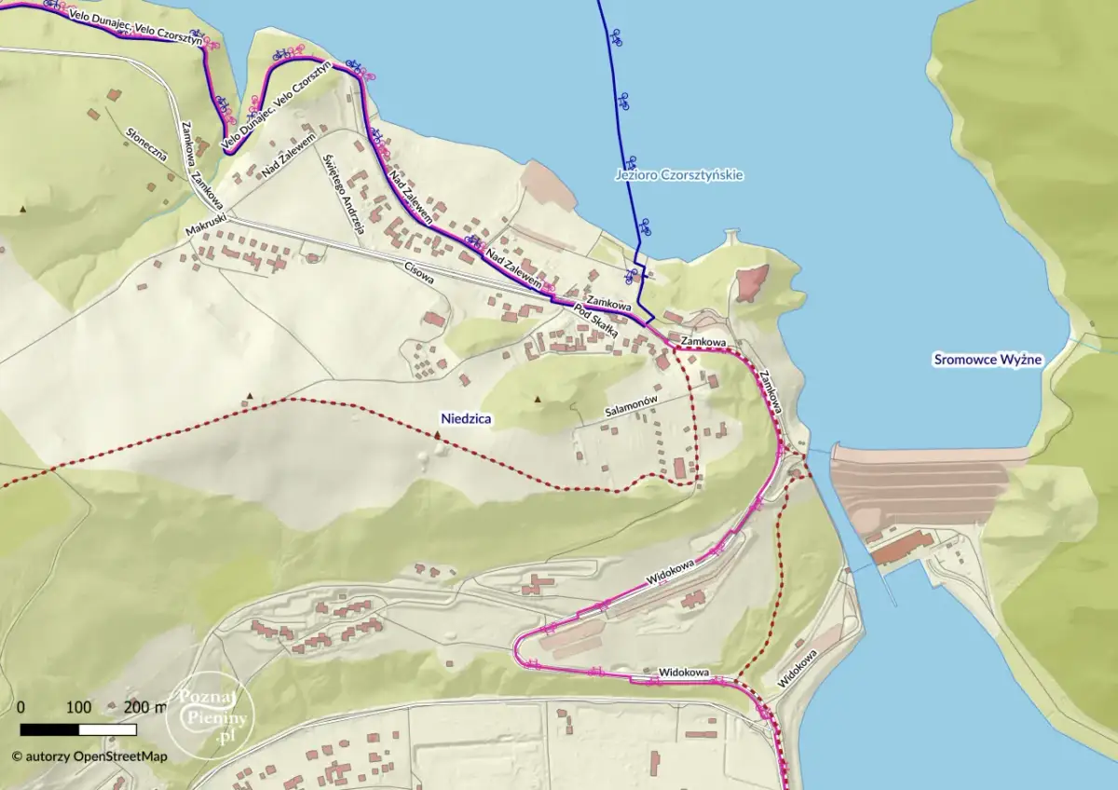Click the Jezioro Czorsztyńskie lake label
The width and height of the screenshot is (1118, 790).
pyautogui.click(x=679, y=174)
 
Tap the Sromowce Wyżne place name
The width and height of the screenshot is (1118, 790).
pyautogui.click(x=988, y=360)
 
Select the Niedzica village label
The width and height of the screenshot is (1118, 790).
pyautogui.click(x=466, y=419)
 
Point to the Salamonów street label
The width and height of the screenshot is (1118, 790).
pyautogui.click(x=633, y=409)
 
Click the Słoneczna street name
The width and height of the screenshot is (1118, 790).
pyautogui.click(x=146, y=144)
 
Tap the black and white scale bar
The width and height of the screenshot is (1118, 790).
pyautogui.click(x=78, y=729)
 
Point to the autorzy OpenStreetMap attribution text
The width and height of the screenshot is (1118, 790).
pyautogui.click(x=89, y=756)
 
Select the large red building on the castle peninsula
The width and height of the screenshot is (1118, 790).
pyautogui.click(x=752, y=282)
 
